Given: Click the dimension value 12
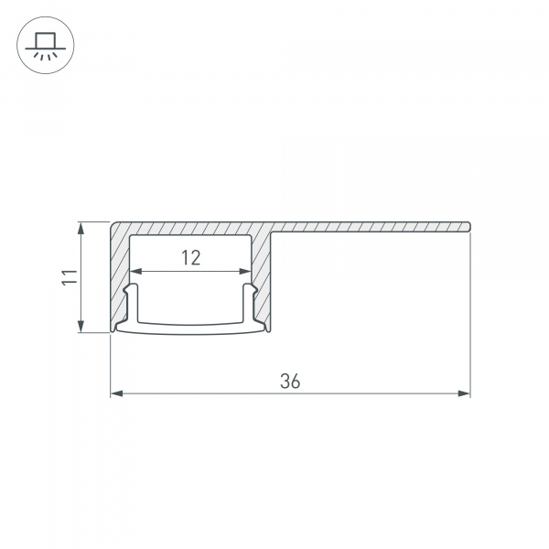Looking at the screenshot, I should (x=190, y=258).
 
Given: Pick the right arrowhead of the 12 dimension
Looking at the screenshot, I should (x=245, y=271).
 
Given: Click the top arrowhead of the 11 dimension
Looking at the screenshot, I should (x=82, y=227).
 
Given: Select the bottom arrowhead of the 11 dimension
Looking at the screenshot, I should (x=82, y=328).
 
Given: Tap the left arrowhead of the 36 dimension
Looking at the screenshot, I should (x=116, y=394).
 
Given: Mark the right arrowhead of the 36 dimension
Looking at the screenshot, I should (x=464, y=394).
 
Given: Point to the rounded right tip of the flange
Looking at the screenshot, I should (x=468, y=225).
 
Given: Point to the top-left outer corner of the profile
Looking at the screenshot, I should (x=113, y=221).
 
